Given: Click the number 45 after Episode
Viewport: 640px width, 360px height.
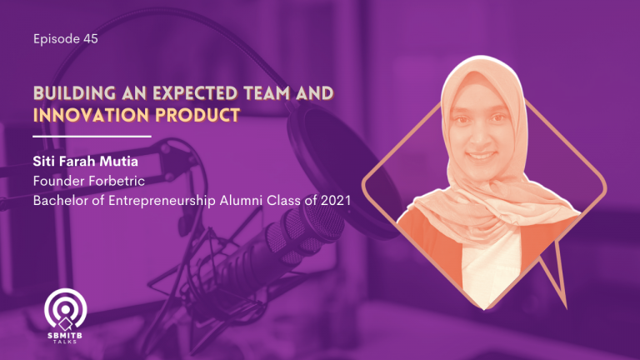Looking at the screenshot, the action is click(x=91, y=39).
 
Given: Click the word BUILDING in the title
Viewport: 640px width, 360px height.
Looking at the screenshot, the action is click(x=74, y=93).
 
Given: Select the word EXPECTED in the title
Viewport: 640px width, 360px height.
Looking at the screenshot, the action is click(x=196, y=93).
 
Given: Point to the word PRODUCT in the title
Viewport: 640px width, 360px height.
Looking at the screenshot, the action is click(x=198, y=115).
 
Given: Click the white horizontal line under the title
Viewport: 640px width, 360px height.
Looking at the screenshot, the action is click(x=92, y=137).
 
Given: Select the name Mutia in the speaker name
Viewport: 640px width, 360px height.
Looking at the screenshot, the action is click(x=119, y=161).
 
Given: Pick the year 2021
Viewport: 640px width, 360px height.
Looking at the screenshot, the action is click(x=336, y=200).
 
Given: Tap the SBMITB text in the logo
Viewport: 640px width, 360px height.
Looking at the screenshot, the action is click(x=65, y=336).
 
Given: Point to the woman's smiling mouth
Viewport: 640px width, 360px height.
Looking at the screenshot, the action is click(x=481, y=156).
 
